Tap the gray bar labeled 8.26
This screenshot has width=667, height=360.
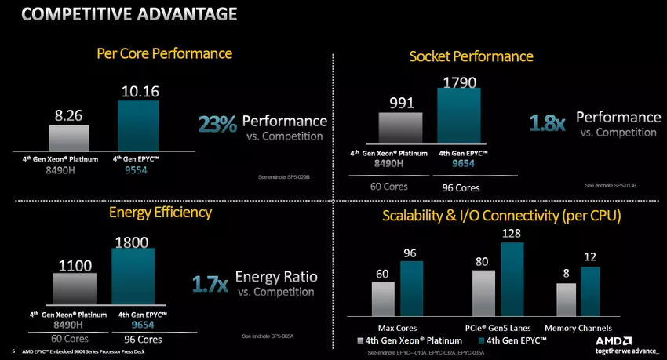tap(69, 136)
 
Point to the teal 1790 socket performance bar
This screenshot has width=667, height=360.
tap(459, 118)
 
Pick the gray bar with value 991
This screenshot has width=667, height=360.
tap(401, 130)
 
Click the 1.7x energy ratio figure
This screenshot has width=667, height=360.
tap(210, 282)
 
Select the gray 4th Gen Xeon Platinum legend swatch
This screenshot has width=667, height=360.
tap(360, 341)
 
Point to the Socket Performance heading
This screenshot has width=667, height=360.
tap(471, 56)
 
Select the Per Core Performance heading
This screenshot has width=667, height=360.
tap(164, 53)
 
